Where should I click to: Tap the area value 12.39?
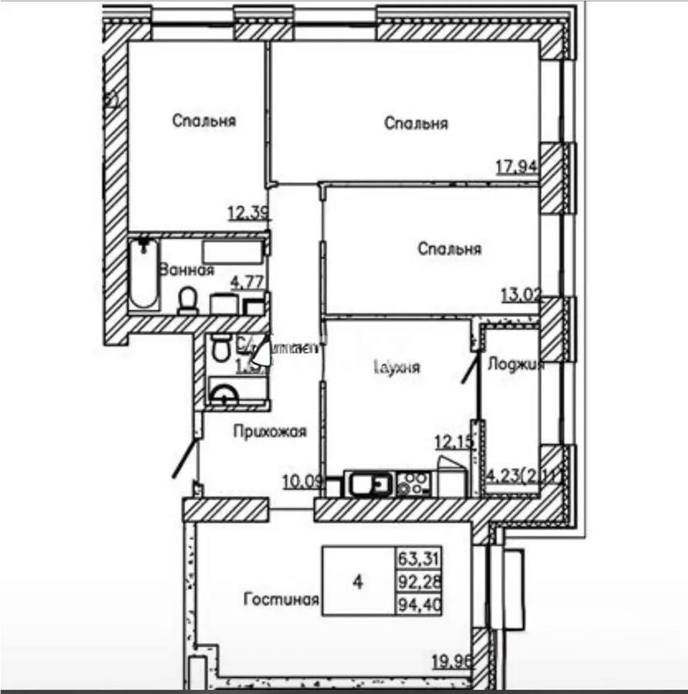click(x=247, y=214)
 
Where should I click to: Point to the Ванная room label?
click(x=186, y=270)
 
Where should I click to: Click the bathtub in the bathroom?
click(x=143, y=274)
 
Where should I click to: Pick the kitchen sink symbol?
click(x=369, y=484)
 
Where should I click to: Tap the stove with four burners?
click(x=413, y=484)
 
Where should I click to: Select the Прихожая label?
click(x=270, y=432)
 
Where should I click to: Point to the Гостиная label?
click(x=281, y=599)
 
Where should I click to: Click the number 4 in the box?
click(x=358, y=581)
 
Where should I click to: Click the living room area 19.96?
click(x=451, y=659)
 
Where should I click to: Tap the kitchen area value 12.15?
click(x=453, y=443)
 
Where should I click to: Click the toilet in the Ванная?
click(x=187, y=301)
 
